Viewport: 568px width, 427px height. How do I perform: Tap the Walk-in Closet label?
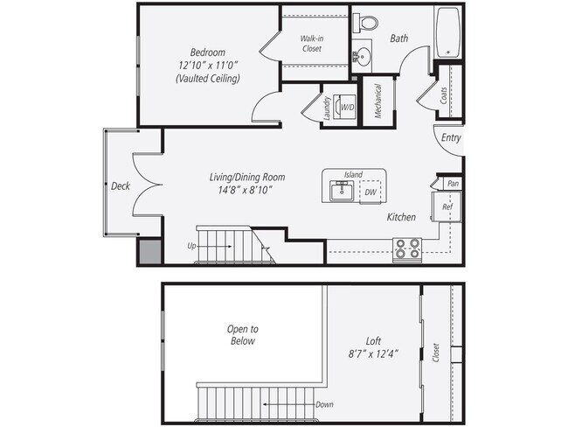(x=311, y=44)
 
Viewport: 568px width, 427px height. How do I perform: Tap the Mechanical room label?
(x=378, y=101)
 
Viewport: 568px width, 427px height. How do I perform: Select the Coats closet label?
(x=444, y=95)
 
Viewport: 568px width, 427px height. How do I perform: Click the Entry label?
(x=451, y=138)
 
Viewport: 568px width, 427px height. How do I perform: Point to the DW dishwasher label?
(x=370, y=191)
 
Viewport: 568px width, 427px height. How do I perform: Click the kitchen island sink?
(x=342, y=191)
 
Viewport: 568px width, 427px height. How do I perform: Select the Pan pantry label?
(x=453, y=184)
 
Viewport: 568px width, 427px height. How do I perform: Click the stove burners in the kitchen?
(x=406, y=249)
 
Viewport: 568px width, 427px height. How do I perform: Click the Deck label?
(x=120, y=185)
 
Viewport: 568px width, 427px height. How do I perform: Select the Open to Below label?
(x=243, y=335)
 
